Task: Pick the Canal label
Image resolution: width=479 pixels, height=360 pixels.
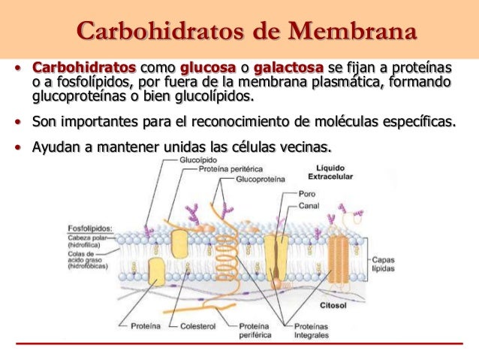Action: [x=310, y=204]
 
